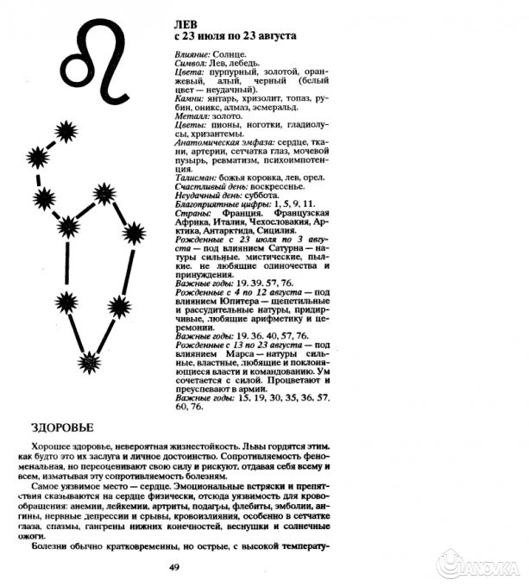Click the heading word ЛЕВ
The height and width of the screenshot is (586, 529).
pyautogui.click(x=187, y=25)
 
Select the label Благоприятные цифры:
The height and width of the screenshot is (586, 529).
pyautogui.click(x=217, y=204)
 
